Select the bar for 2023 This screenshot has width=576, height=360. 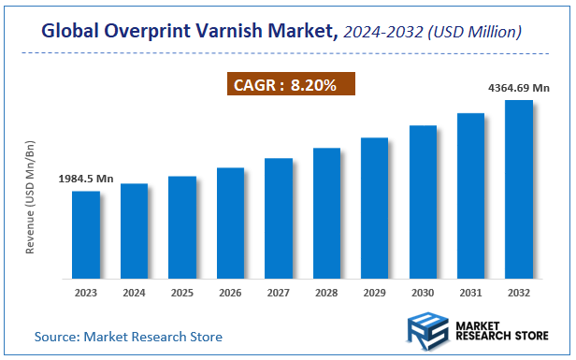click(86, 235)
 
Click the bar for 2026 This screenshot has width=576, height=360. click(230, 223)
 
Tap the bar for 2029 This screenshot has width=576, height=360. click(374, 209)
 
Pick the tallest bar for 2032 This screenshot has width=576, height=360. click(518, 190)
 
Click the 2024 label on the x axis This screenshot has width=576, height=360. click(134, 292)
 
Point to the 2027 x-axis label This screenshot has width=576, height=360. click(278, 292)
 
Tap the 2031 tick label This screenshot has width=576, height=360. click(470, 292)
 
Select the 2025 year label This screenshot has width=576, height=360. click(182, 292)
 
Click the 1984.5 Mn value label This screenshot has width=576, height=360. click(85, 178)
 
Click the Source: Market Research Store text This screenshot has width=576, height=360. click(129, 336)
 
